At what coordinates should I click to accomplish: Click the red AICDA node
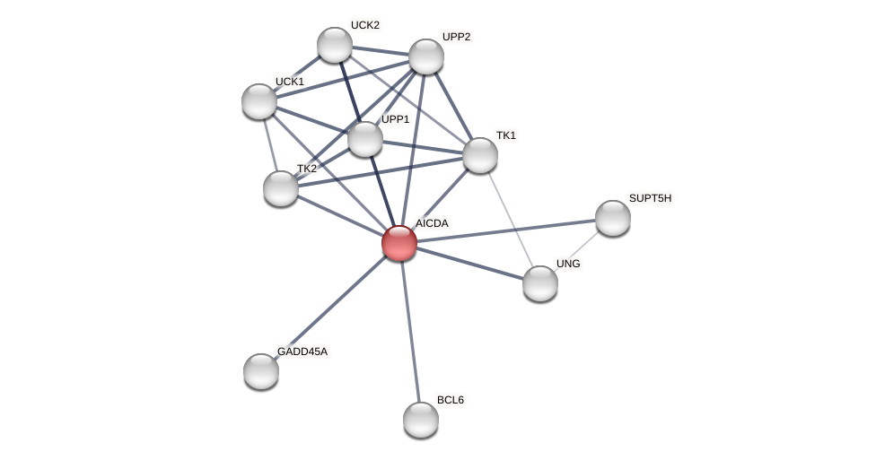(399, 243)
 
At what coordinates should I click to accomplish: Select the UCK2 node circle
(335, 45)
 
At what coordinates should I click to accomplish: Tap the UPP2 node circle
(426, 56)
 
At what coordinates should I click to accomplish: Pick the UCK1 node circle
(259, 101)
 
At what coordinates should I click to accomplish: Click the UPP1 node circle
(365, 139)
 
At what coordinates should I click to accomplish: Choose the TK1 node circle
(480, 155)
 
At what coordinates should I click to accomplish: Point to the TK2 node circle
(281, 188)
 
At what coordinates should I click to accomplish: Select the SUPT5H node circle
(613, 218)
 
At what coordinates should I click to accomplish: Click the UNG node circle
(540, 283)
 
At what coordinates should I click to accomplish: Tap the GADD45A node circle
(261, 371)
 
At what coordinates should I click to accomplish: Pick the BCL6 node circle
(421, 420)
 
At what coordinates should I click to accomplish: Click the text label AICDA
(432, 223)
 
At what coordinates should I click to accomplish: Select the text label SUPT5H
(650, 198)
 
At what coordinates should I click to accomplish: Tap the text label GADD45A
(302, 352)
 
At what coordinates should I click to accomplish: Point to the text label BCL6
(451, 400)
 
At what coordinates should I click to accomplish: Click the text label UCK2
(364, 25)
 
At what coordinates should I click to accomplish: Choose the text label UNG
(568, 264)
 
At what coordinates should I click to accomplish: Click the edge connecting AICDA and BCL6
(410, 332)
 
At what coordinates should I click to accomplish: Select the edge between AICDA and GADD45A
(330, 307)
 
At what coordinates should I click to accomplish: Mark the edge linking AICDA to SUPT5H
(506, 230)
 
